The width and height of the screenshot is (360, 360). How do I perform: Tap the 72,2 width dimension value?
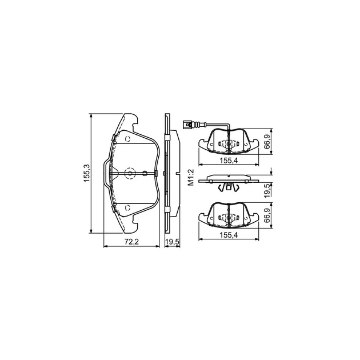point(130,242)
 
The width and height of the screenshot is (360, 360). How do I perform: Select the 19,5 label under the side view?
point(171,242)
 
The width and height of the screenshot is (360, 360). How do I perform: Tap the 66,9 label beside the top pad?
point(267,141)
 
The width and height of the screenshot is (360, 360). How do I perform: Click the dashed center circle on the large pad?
point(130,173)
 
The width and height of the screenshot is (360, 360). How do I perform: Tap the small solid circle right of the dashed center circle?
point(145,173)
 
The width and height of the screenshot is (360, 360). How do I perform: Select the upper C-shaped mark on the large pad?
point(128,139)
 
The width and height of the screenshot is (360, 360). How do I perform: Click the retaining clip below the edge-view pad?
point(229,186)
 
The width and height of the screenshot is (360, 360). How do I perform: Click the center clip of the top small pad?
point(229,145)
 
